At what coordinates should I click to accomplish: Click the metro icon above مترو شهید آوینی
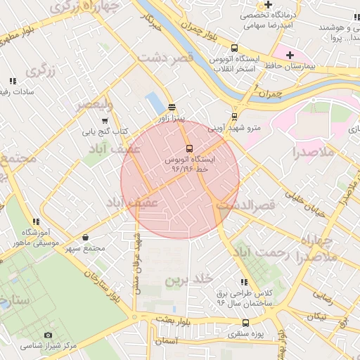click(x=234, y=117)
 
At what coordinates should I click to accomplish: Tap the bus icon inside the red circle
click(x=189, y=148)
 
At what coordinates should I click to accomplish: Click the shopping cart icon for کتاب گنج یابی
click(x=105, y=120)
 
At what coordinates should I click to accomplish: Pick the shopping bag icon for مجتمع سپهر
click(x=86, y=237)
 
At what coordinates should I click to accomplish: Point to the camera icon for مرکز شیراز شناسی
click(x=48, y=335)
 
